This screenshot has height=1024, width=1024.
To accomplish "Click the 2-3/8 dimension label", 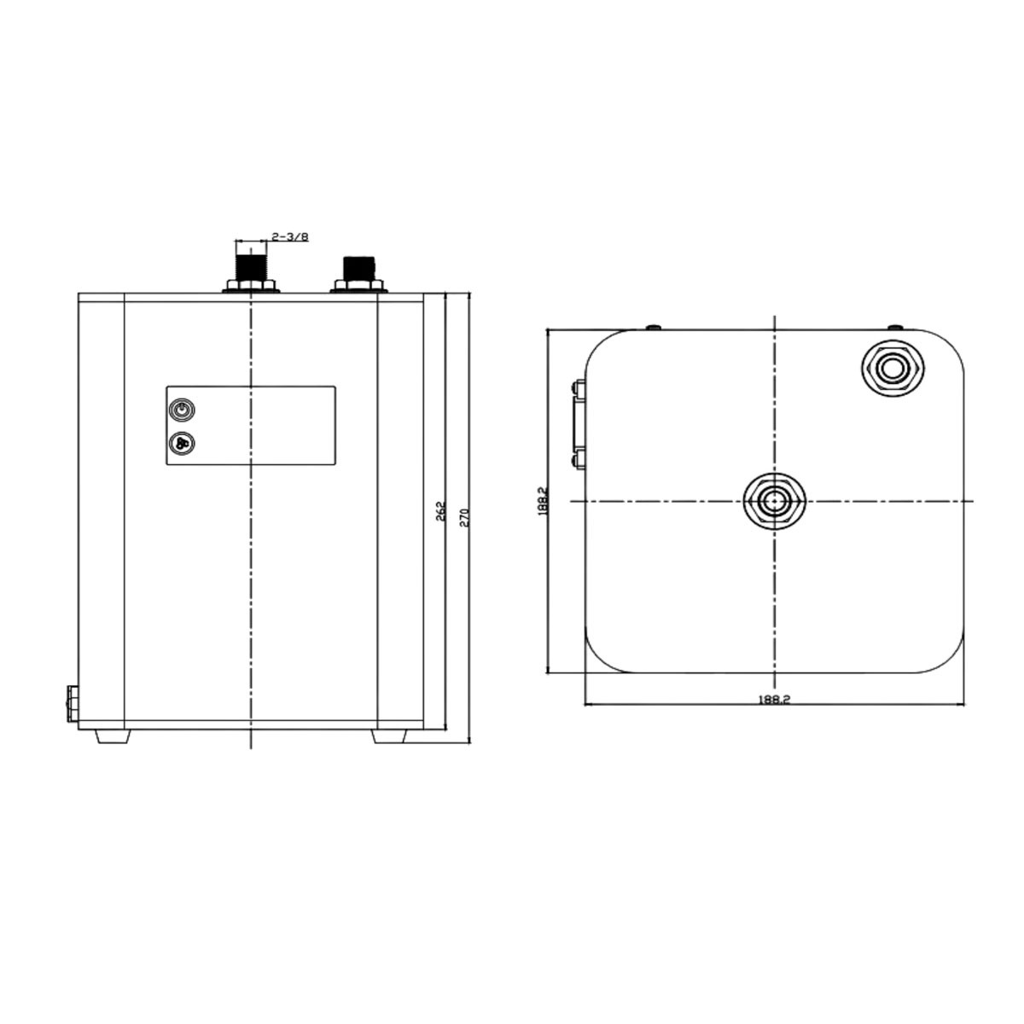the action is [x=289, y=236].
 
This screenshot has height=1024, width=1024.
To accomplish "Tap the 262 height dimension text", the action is [x=440, y=511].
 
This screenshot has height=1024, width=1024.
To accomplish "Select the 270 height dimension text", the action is [x=464, y=517].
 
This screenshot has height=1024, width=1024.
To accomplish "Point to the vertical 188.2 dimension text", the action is [x=542, y=500].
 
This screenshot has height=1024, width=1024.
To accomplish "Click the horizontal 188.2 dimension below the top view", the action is [x=774, y=700].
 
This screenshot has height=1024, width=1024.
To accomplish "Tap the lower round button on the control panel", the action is [x=181, y=443].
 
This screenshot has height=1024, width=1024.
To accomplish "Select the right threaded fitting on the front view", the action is [x=359, y=268].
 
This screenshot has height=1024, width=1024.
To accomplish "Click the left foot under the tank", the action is [x=113, y=736].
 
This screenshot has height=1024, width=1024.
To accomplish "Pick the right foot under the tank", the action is [x=388, y=736].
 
